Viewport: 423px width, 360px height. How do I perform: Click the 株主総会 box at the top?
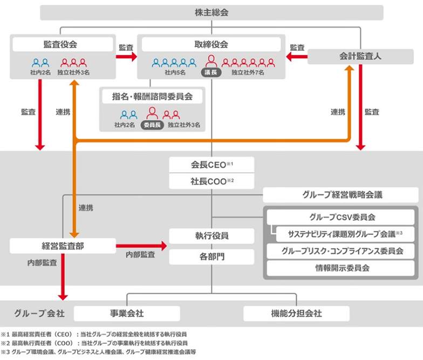[211, 12]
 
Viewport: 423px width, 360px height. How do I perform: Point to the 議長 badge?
[211, 72]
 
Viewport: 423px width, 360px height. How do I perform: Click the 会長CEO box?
[211, 165]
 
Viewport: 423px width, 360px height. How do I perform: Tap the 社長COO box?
[211, 182]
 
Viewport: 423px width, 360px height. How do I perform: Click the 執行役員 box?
[211, 236]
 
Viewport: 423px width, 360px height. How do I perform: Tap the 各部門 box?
[211, 256]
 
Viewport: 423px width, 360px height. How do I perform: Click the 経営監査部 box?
[63, 246]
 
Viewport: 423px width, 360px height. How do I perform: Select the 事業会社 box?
[127, 313]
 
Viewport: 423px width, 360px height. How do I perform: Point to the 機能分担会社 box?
[296, 313]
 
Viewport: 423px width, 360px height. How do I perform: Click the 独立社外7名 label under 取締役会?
[247, 72]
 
